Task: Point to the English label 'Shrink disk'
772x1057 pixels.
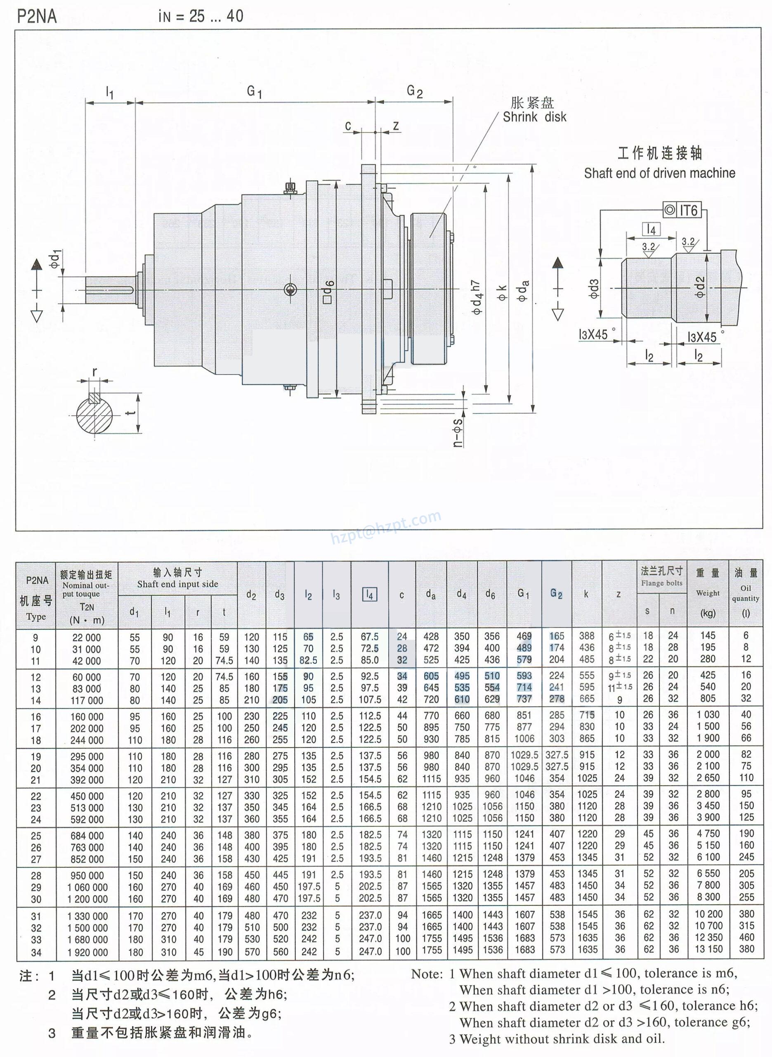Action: pyautogui.click(x=534, y=117)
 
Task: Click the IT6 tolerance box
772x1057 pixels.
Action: pyautogui.click(x=683, y=211)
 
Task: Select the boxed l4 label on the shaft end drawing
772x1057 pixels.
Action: pyautogui.click(x=652, y=230)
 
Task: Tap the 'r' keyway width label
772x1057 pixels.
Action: pyautogui.click(x=95, y=372)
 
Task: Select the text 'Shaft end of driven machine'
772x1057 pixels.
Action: pyautogui.click(x=659, y=173)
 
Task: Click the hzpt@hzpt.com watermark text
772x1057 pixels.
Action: pyautogui.click(x=386, y=527)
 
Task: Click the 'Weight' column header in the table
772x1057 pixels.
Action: pyautogui.click(x=708, y=593)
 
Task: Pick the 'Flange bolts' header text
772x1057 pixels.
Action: pyautogui.click(x=662, y=583)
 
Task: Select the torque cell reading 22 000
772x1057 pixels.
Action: pyautogui.click(x=87, y=638)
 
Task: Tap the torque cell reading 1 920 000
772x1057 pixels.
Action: pyautogui.click(x=87, y=952)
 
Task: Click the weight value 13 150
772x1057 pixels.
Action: pyautogui.click(x=708, y=949)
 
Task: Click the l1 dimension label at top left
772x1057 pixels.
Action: pyautogui.click(x=110, y=92)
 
